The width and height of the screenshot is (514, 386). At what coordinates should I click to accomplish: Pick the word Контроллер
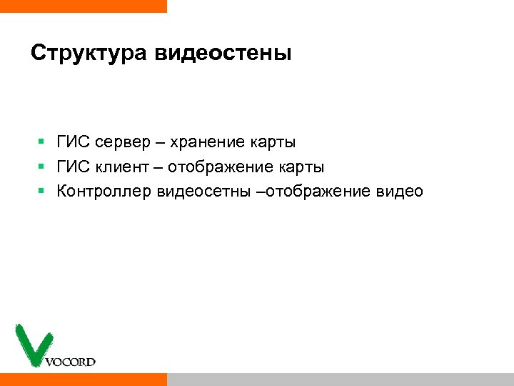[103, 192]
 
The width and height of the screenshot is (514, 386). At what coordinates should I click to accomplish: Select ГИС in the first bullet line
[73, 143]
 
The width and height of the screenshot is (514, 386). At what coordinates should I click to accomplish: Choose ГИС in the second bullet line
[73, 167]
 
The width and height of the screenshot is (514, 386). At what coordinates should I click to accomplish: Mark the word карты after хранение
[273, 143]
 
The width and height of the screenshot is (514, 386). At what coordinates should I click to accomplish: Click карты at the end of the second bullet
[301, 167]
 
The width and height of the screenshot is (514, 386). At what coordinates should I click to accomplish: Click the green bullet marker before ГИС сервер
[42, 143]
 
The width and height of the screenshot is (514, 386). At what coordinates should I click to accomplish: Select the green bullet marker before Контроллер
[42, 192]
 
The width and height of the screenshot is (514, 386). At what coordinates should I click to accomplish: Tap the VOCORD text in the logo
[70, 362]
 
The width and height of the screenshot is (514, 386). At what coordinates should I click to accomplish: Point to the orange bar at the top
[83, 6]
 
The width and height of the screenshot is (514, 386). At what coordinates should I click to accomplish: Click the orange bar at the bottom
[83, 379]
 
